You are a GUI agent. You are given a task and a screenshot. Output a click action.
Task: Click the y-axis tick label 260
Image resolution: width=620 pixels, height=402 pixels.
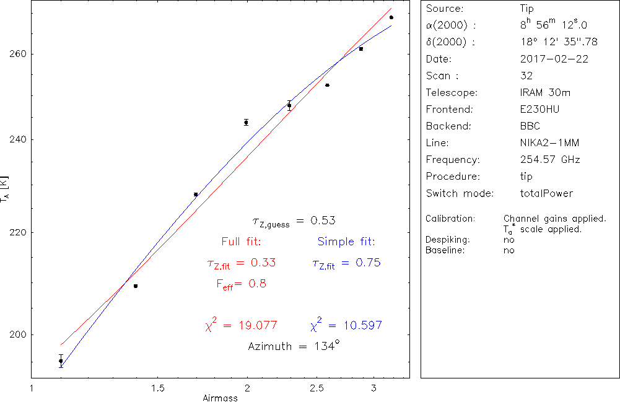tap(17, 54)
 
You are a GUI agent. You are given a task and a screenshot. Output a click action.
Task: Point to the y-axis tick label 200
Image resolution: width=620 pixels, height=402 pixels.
tap(17, 334)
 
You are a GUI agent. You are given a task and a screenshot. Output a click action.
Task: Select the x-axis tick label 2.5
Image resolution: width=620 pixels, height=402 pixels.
tap(317, 388)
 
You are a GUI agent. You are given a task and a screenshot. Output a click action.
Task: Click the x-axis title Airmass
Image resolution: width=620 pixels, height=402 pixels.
tap(220, 398)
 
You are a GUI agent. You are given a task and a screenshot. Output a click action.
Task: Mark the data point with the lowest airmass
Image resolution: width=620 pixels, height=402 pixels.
tap(61, 360)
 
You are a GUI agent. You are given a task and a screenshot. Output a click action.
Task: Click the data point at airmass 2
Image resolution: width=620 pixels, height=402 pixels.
tap(246, 123)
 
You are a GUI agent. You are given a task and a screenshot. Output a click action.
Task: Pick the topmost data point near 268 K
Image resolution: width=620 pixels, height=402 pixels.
tap(391, 17)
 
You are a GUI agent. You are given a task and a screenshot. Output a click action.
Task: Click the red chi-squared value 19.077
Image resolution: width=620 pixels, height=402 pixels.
tap(241, 325)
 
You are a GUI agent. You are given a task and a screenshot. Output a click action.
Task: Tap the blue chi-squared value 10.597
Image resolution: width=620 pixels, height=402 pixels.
tap(346, 325)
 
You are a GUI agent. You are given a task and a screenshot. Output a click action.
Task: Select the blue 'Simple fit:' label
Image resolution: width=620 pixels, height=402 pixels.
tap(346, 242)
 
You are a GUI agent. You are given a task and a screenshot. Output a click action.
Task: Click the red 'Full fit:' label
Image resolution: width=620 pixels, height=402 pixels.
tap(241, 242)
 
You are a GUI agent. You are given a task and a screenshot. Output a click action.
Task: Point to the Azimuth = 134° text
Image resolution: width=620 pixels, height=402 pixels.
tap(294, 346)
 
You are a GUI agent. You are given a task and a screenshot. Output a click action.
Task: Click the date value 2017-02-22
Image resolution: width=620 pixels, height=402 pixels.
tap(554, 59)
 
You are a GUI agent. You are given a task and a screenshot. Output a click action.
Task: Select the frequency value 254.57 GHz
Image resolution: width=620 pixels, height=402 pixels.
tap(550, 160)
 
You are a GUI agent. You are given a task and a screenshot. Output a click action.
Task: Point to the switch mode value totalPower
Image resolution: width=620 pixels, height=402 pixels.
tap(547, 193)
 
